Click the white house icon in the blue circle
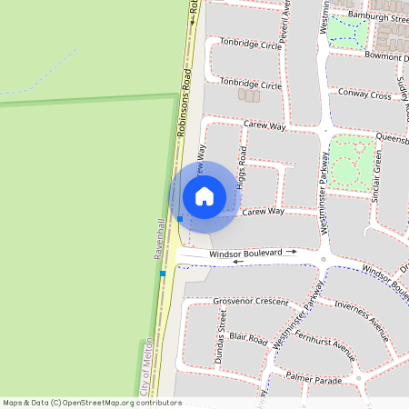[x=204, y=195]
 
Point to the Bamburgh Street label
[x=374, y=18]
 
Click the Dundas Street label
[x=221, y=336]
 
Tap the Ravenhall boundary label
[x=159, y=239]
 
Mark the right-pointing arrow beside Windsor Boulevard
[x=291, y=251]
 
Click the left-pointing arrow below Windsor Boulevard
[x=239, y=262]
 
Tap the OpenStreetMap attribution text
[x=93, y=402]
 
